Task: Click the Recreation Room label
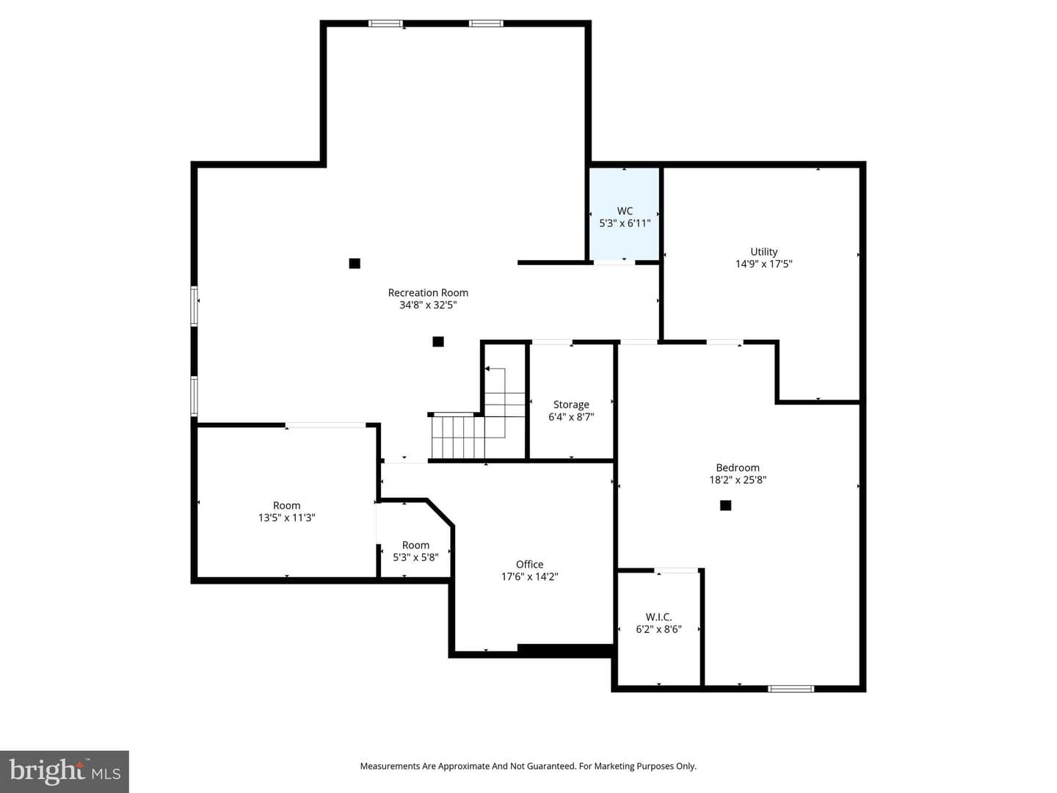pos(428,293)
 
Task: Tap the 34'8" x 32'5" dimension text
pos(428,305)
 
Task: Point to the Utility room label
pos(763,252)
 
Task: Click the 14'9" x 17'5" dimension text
pos(763,264)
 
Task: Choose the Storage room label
pos(571,405)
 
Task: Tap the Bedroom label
pos(737,468)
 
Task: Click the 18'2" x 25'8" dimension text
pos(737,479)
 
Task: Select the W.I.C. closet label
pos(658,617)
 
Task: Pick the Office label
pos(529,565)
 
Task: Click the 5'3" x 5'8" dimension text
pos(415,557)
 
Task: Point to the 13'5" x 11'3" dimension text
pos(286,518)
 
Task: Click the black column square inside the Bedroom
pos(725,505)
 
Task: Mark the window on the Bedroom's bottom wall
pos(791,689)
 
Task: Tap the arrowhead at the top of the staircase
pos(487,369)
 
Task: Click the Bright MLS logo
pos(65,772)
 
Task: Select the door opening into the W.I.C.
pos(676,571)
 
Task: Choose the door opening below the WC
pos(614,262)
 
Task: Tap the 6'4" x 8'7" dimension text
pos(571,417)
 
